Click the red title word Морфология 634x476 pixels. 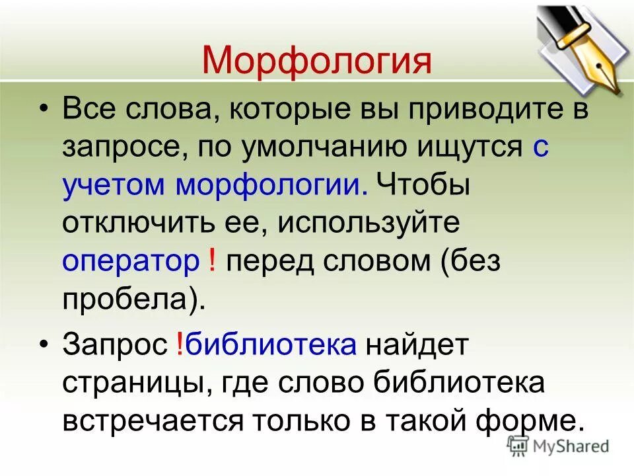tap(317, 60)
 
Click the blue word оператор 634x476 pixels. tap(130, 261)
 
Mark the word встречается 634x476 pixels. tap(170, 421)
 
